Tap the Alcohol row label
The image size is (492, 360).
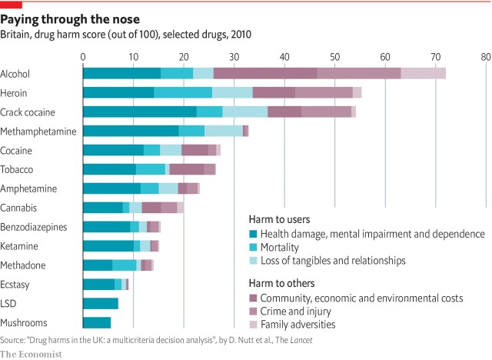tap(16, 73)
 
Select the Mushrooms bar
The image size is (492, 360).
tap(97, 322)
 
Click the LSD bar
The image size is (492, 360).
tap(100, 303)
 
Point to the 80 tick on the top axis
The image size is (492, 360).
tap(485, 56)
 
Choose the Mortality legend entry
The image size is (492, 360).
tap(281, 247)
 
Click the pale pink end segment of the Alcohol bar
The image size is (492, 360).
tap(423, 73)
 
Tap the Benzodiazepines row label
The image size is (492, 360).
tap(34, 227)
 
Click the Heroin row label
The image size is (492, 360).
tap(15, 92)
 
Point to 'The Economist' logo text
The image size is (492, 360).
tap(31, 353)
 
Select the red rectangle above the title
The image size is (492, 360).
tap(11, 3)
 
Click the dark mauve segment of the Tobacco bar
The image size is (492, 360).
tap(186, 169)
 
